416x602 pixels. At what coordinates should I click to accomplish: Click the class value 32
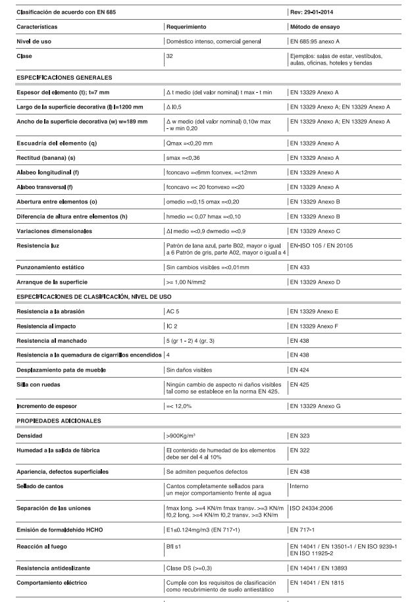click(x=170, y=56)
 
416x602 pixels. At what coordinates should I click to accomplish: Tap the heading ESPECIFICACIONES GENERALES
click(x=64, y=78)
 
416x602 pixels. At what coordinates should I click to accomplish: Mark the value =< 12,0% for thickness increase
click(x=179, y=406)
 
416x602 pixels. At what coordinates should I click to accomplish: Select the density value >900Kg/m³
click(x=184, y=436)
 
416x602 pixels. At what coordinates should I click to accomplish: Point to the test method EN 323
click(x=301, y=436)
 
